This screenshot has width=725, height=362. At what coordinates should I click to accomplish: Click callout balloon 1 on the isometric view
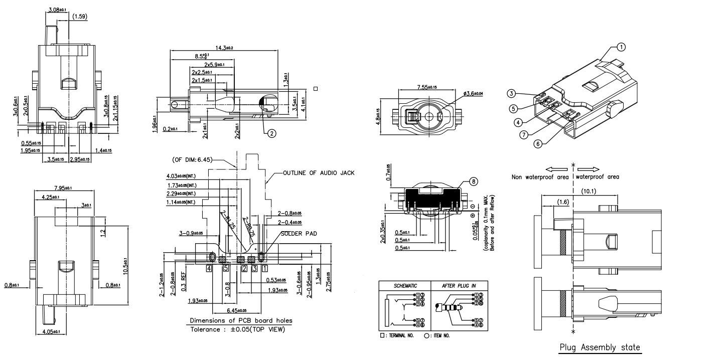click(x=621, y=47)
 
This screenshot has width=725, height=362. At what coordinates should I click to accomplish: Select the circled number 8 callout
click(x=473, y=182)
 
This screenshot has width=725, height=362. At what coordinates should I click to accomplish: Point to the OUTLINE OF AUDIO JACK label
click(x=319, y=173)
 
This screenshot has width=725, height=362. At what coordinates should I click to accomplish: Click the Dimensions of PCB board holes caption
click(x=241, y=320)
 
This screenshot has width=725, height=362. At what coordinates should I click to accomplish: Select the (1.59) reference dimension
click(x=80, y=17)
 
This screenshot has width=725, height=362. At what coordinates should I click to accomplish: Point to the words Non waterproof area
click(x=540, y=176)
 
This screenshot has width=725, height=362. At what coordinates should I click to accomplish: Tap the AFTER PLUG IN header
click(x=455, y=284)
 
